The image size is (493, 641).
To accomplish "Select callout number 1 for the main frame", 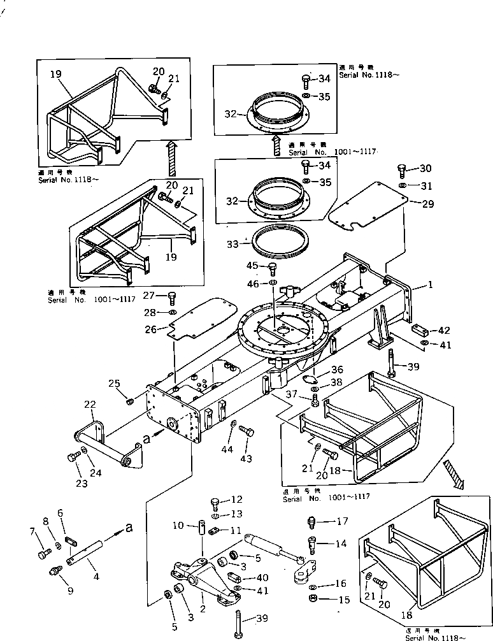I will pos(430,285).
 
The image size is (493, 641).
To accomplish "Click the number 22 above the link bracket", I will pos(90,405).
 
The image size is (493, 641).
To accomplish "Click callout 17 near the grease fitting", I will pos(343,521).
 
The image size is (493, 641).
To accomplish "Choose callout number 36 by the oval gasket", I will pos(337,369).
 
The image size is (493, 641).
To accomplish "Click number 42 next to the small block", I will pos(443,331).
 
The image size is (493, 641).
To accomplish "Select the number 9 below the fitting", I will pos(70,590).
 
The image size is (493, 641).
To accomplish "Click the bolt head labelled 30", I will pos(402,169).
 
